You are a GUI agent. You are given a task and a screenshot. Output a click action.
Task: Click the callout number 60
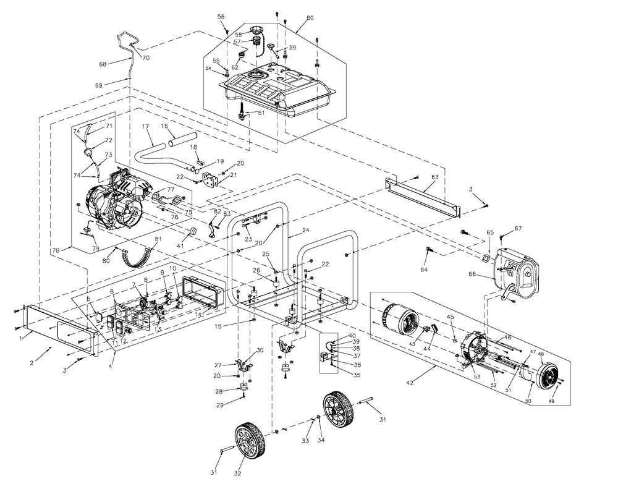coord(310,18)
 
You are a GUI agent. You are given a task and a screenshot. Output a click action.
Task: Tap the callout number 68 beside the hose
coord(103,64)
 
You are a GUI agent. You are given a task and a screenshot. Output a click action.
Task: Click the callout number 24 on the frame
coord(305,231)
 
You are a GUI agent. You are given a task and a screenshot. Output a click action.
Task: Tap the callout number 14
coord(198,315)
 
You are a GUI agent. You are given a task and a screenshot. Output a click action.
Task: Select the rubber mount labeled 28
coord(244,389)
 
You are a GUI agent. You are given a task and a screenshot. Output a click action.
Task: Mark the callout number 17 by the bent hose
coord(146,126)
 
